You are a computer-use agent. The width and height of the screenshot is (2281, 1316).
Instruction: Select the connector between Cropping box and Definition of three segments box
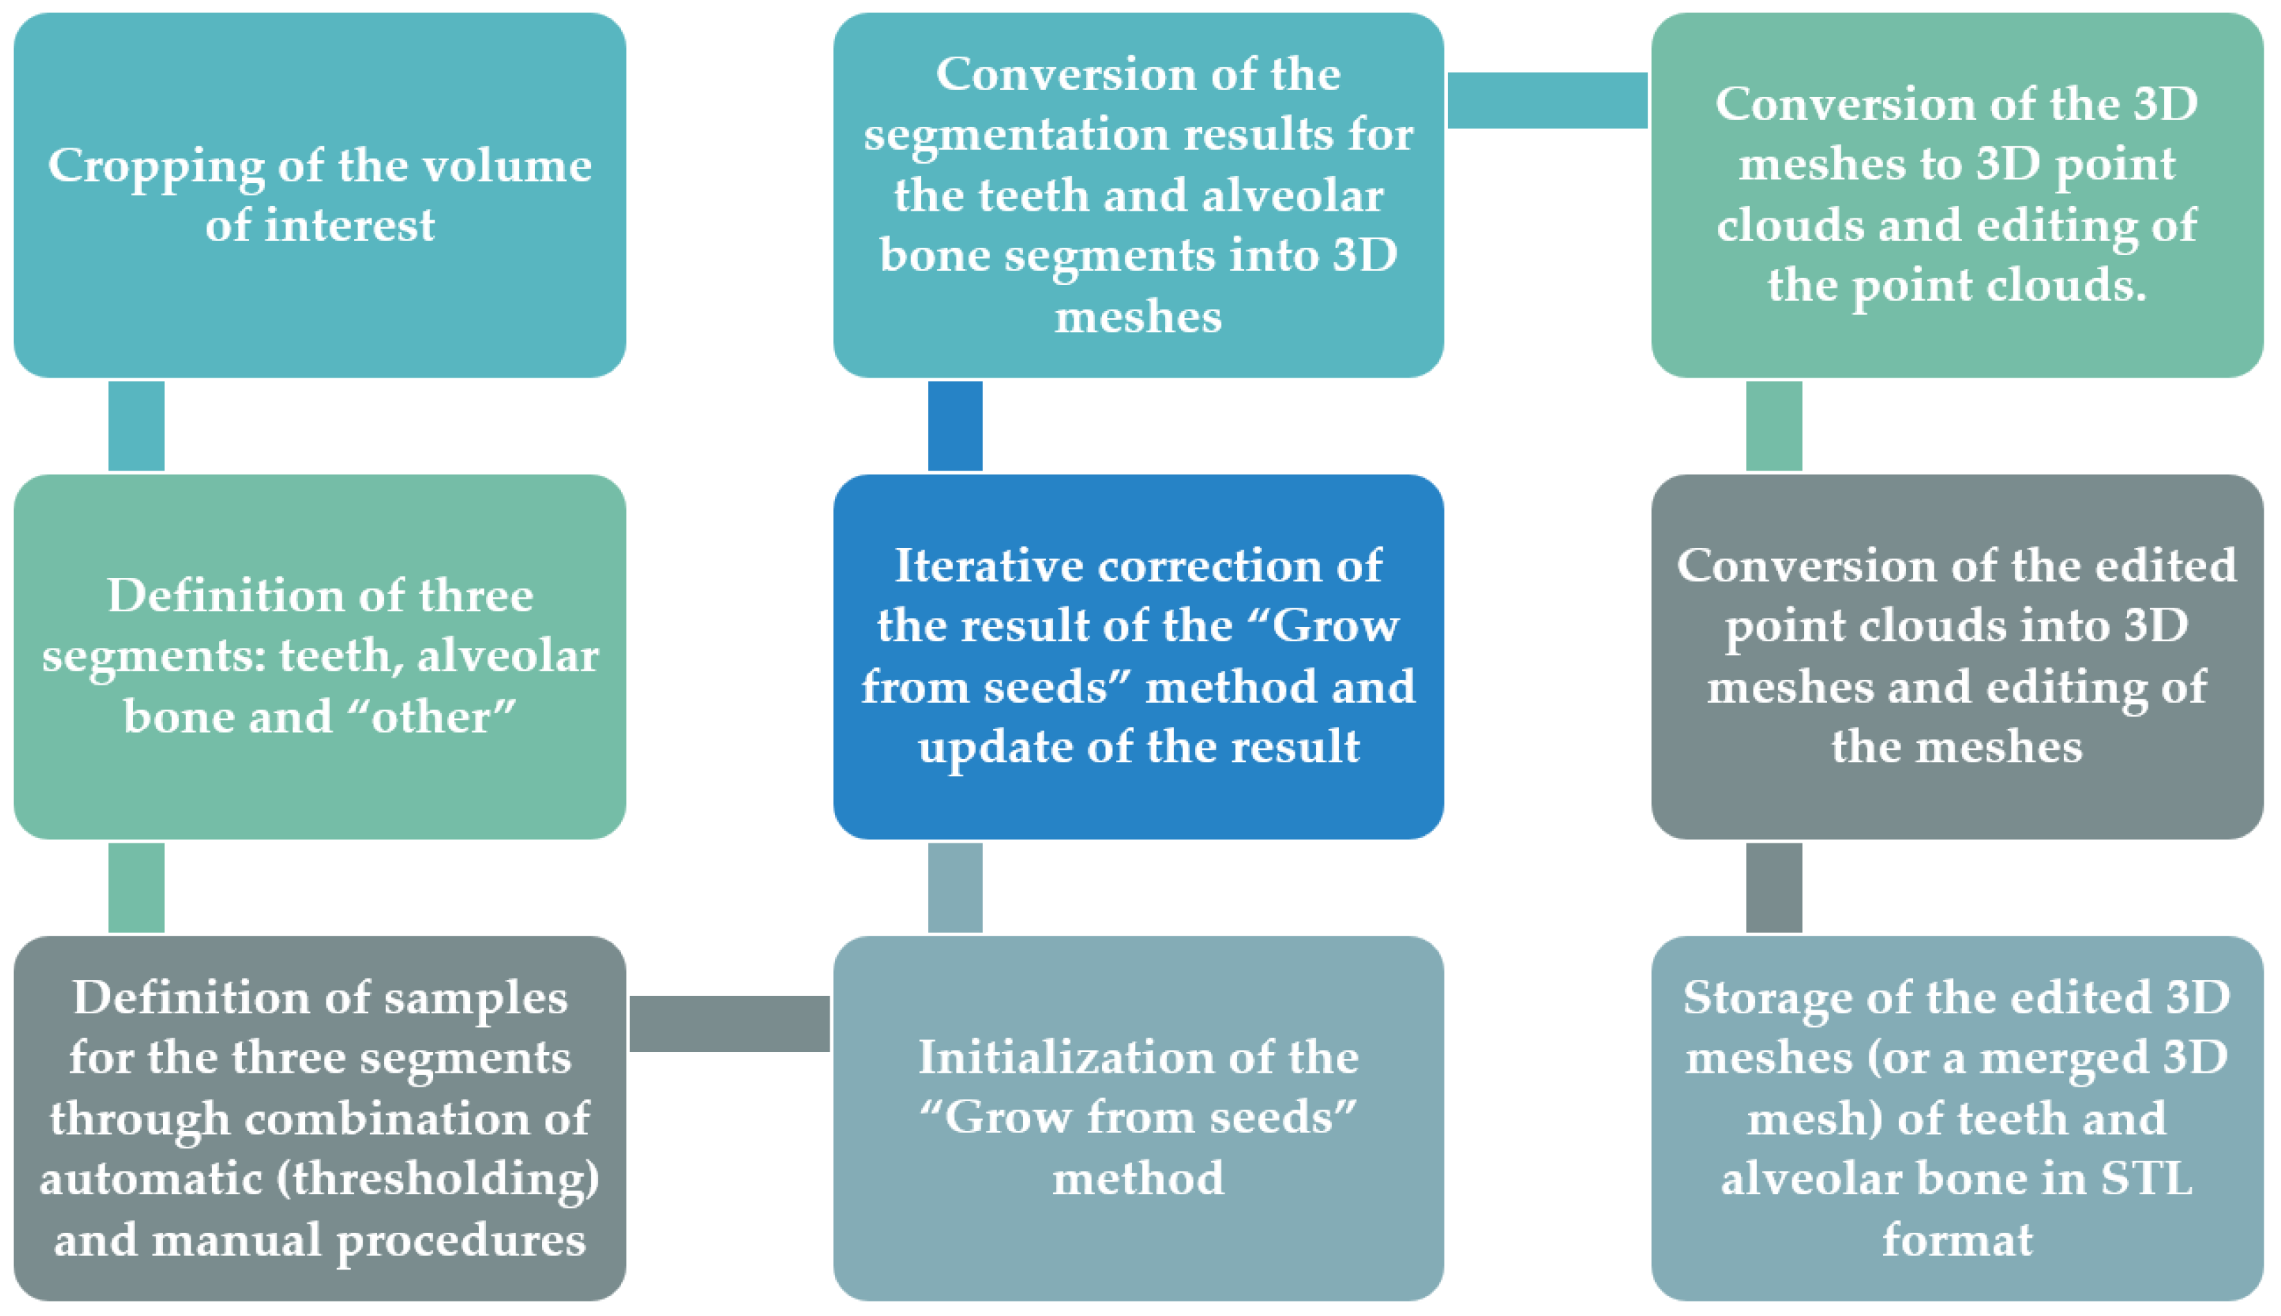pos(137,425)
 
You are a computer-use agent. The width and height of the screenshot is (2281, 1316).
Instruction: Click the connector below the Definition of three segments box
pos(137,888)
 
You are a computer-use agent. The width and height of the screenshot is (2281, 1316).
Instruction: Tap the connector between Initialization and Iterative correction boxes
pos(955,888)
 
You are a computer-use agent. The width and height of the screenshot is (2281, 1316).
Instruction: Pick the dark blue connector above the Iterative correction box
pos(955,425)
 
